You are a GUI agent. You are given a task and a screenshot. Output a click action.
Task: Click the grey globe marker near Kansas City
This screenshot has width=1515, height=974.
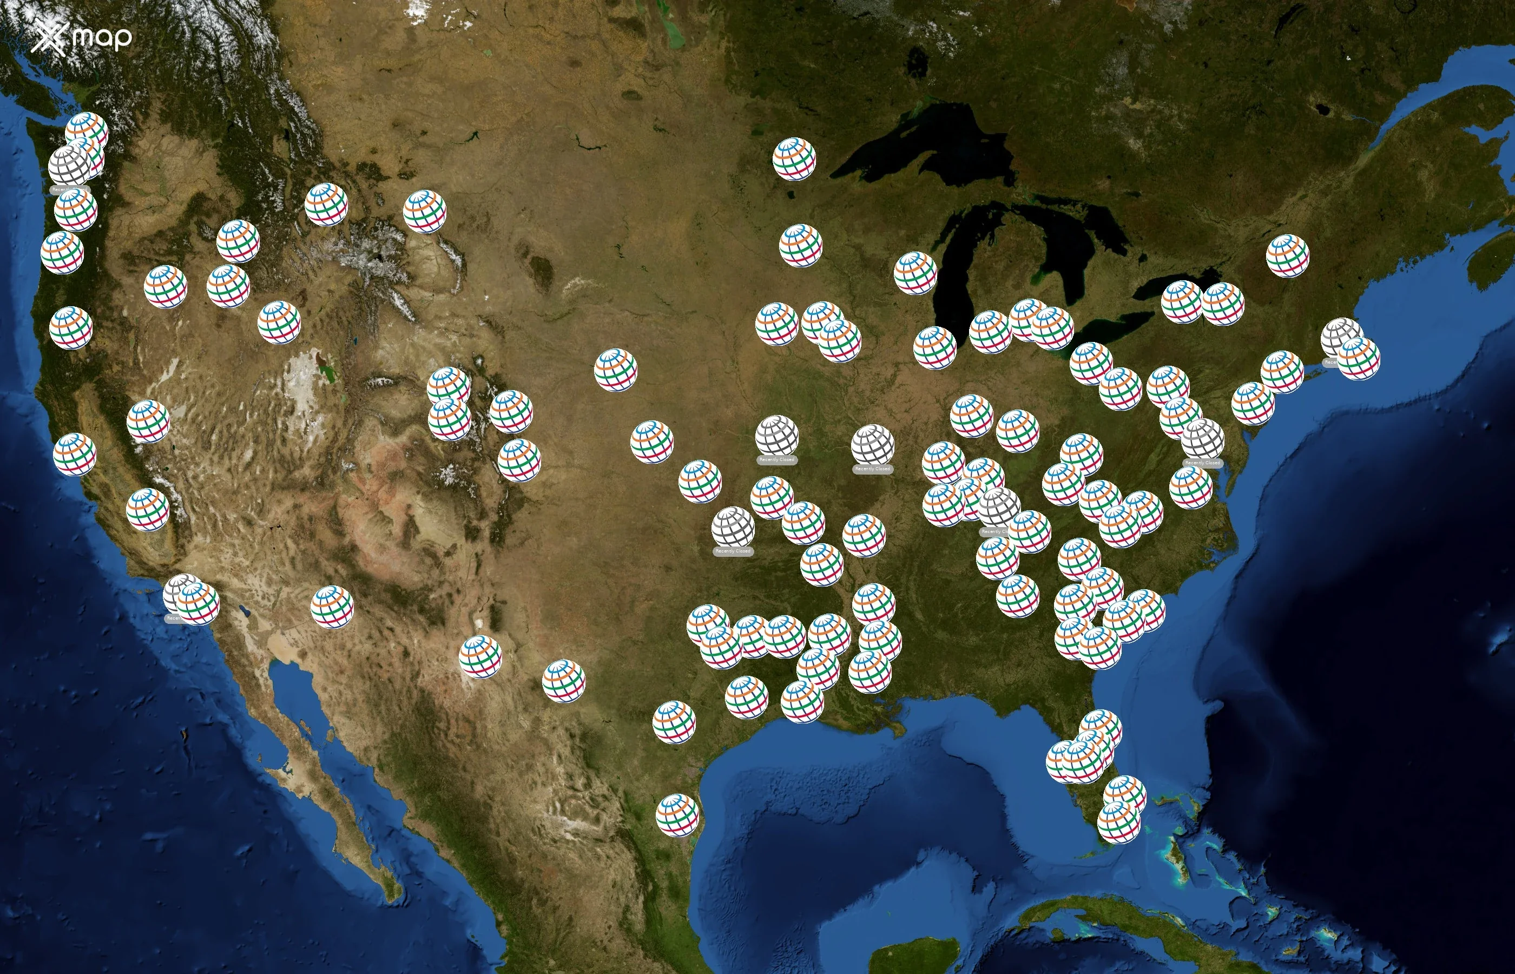(776, 436)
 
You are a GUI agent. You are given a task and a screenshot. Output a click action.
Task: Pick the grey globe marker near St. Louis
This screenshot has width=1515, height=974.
(873, 445)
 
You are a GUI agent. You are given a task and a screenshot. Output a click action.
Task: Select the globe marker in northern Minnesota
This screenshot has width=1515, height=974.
(794, 159)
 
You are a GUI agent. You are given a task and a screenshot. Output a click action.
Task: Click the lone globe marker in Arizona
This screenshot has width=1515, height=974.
(332, 607)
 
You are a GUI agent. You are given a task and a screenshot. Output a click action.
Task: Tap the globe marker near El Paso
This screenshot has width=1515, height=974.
(480, 656)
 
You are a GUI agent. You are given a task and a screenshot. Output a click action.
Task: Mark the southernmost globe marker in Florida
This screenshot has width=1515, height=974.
(1118, 822)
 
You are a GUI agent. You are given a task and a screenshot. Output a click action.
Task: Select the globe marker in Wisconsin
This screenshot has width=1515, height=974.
(915, 273)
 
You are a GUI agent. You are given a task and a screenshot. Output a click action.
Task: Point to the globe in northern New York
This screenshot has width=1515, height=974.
(1287, 255)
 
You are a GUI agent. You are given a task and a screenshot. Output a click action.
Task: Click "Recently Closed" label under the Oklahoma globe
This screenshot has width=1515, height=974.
(733, 551)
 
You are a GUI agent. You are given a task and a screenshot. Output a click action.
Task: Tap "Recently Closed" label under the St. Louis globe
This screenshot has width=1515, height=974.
(873, 469)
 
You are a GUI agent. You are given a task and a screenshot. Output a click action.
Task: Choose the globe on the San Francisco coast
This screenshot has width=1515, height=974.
(75, 454)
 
